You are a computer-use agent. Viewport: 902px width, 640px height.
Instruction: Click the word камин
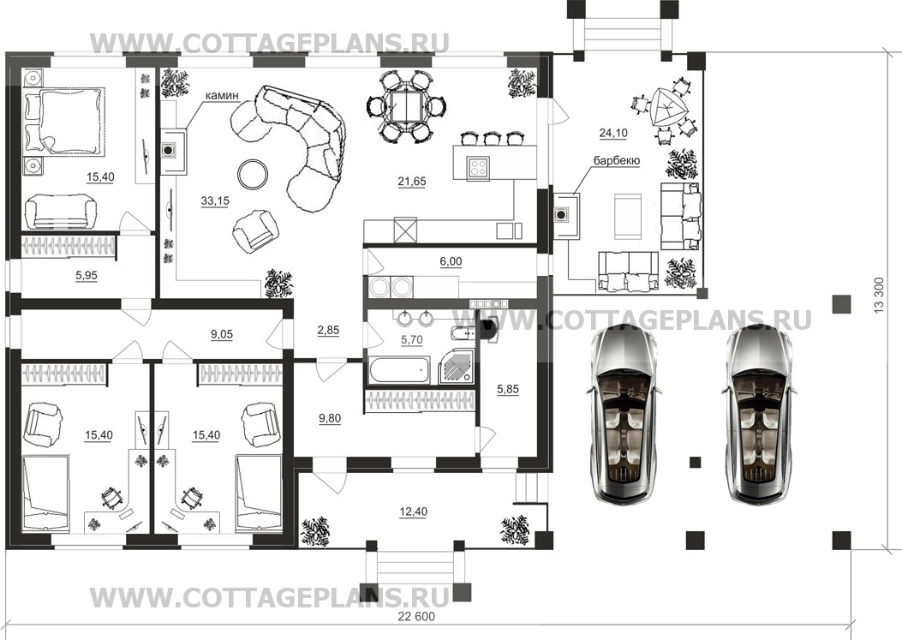[222, 96]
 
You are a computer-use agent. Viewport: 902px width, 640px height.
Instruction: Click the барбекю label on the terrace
[617, 160]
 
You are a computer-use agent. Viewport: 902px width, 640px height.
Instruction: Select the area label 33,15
[215, 200]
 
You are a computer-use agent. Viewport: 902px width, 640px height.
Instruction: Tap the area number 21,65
[412, 182]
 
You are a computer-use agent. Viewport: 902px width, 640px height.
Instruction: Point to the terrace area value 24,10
[613, 133]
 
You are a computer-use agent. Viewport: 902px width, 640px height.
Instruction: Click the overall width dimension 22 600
[416, 616]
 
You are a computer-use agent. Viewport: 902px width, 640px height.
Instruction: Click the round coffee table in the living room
[253, 173]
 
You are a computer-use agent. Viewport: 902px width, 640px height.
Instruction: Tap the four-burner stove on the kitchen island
[478, 167]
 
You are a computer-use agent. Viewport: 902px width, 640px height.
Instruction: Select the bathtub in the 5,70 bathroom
[398, 370]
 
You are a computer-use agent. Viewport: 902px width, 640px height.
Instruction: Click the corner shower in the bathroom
[457, 368]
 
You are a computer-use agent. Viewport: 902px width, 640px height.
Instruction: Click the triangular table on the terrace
[667, 109]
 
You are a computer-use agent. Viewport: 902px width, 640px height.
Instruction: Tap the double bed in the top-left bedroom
[63, 122]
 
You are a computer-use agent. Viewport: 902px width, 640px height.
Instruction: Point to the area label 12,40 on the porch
[413, 511]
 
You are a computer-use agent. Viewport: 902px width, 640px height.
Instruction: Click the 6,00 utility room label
[451, 262]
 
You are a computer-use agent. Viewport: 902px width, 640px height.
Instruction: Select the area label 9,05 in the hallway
[222, 334]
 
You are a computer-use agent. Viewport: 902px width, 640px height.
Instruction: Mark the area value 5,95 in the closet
[87, 276]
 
